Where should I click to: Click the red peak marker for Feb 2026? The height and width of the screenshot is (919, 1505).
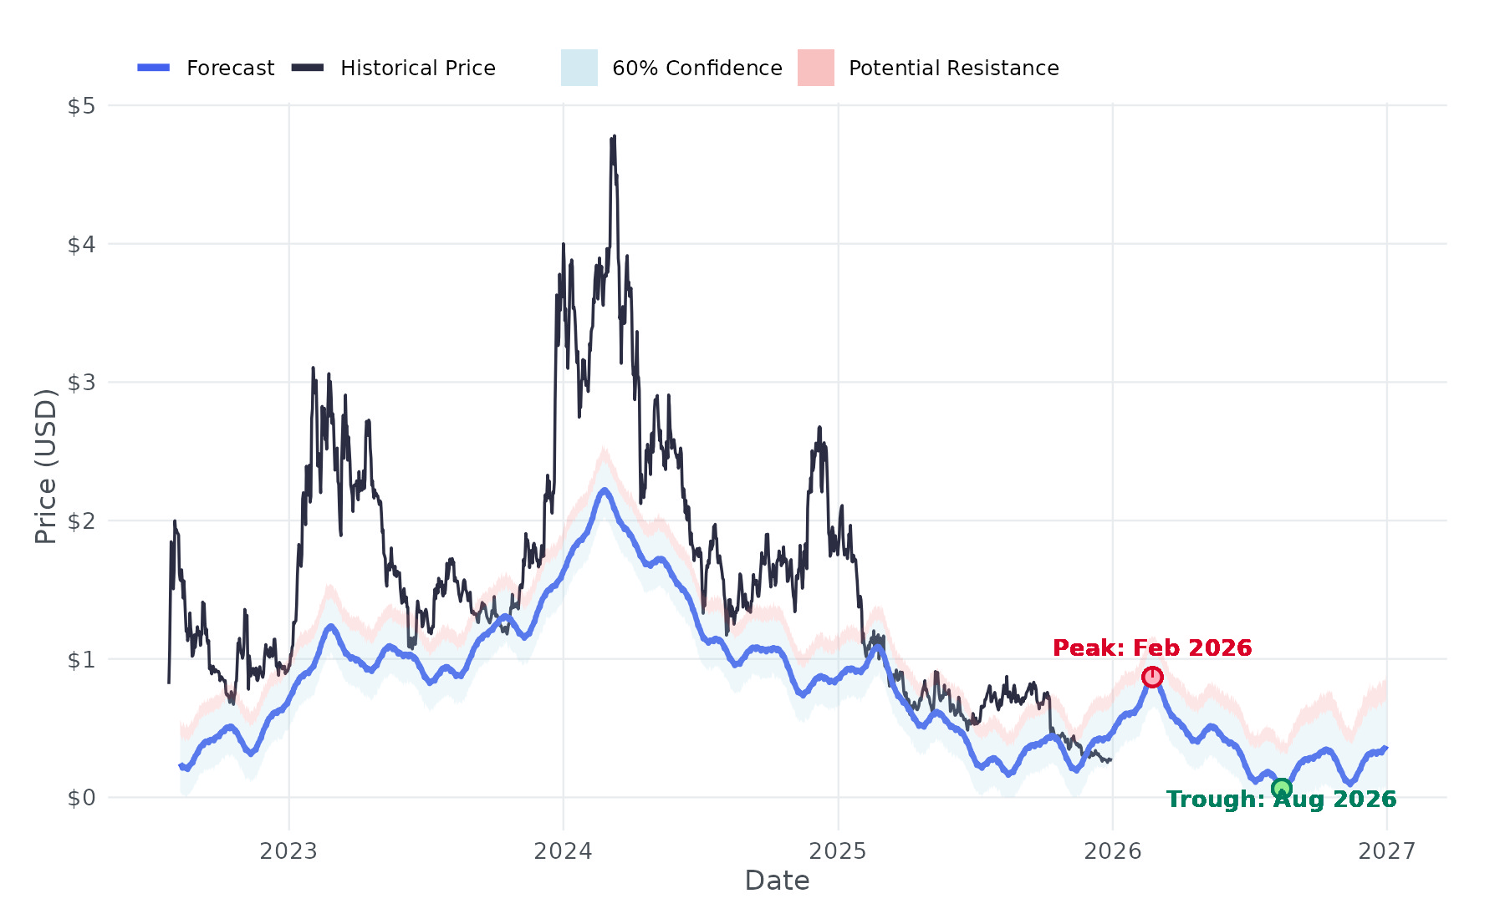1152,677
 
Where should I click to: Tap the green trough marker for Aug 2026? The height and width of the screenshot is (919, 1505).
1281,789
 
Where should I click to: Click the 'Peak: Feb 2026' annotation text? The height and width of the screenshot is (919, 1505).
1152,648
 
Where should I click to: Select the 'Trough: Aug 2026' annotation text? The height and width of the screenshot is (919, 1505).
1281,800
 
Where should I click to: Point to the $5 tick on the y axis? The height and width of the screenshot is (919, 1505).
81,106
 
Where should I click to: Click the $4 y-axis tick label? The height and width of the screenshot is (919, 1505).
81,245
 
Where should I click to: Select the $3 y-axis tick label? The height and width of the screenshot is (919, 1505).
81,383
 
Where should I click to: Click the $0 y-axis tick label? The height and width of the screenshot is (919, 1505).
81,798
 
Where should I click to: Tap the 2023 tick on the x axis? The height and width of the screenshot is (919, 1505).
288,851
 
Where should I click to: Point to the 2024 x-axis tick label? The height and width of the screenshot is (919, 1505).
563,851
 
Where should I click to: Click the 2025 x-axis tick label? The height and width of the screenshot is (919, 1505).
838,851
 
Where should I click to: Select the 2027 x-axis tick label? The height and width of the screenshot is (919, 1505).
1386,851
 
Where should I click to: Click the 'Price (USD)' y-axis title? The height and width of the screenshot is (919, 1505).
46,466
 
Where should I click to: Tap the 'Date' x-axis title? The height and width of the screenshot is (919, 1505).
777,881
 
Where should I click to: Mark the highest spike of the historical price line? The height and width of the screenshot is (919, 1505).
614,136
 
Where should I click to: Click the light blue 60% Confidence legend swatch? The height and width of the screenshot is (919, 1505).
579,69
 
